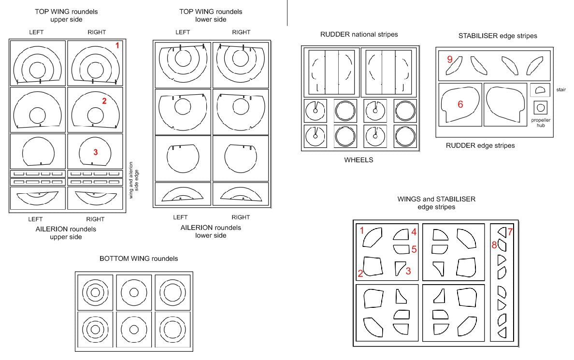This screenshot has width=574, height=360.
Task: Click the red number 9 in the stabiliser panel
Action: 450,59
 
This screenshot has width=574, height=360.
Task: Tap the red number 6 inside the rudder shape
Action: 460,104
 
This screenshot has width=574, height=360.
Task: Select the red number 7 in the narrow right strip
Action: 510,231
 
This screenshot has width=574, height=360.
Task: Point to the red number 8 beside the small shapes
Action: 494,245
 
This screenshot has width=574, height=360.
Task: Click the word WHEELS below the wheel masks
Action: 359,160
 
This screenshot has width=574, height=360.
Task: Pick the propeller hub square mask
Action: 541,108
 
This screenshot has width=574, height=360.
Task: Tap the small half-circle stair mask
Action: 540,90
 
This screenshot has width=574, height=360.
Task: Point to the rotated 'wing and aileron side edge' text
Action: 134,180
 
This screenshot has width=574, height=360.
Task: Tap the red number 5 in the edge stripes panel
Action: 414,249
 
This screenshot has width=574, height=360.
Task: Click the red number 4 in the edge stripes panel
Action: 414,232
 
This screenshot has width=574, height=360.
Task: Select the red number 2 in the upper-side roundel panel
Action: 104,101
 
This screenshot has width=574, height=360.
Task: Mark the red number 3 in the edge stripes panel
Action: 408,271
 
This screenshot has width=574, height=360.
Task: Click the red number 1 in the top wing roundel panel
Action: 117,45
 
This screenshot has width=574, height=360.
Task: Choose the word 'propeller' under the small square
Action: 541,120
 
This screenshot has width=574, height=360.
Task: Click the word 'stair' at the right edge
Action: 561,90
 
